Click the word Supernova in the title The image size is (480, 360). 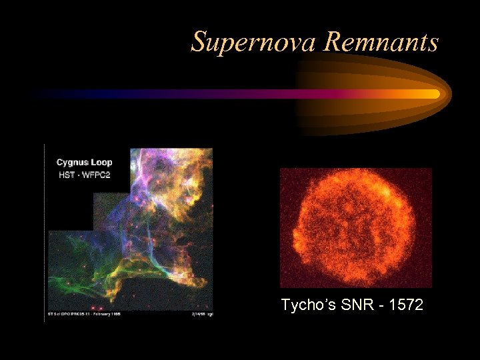(254, 42)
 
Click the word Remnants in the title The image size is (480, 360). (381, 42)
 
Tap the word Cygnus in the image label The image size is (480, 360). (71, 162)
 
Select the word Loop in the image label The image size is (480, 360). (101, 162)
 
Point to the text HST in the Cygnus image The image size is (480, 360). (65, 174)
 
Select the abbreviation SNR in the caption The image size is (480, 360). (352, 305)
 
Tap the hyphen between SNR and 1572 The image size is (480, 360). (375, 306)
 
